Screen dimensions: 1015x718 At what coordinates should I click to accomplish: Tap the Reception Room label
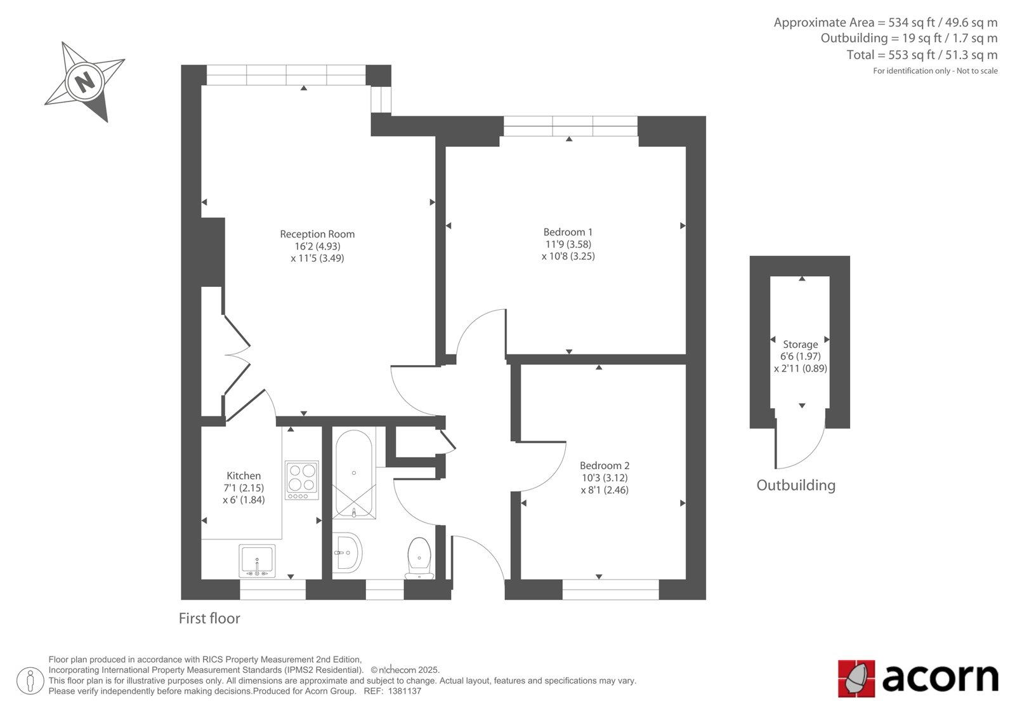click(317, 234)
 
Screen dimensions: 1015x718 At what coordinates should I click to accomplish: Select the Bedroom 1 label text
click(568, 232)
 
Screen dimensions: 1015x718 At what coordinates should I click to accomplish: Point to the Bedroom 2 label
click(605, 465)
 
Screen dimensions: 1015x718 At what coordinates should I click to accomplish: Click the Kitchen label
click(244, 475)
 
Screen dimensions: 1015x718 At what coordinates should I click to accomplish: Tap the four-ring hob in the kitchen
click(302, 481)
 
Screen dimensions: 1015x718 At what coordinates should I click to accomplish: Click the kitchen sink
click(257, 561)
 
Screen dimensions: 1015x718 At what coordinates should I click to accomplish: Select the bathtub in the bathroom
click(354, 474)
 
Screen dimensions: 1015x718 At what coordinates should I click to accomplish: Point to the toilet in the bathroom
click(419, 558)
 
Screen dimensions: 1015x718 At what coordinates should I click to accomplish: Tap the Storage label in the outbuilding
click(800, 344)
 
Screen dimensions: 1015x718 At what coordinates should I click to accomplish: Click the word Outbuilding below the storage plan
click(796, 485)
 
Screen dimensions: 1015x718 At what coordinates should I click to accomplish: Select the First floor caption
click(209, 618)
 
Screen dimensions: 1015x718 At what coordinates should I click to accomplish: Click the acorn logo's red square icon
click(856, 679)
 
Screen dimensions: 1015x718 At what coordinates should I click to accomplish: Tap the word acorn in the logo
click(940, 678)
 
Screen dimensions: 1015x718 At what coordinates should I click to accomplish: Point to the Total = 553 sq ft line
click(922, 55)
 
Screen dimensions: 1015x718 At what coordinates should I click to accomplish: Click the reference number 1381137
click(405, 691)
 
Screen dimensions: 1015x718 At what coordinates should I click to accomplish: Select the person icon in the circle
click(30, 681)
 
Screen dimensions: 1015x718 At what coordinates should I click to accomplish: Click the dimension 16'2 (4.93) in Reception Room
click(317, 246)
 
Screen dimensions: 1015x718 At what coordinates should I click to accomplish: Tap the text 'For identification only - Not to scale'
click(935, 70)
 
